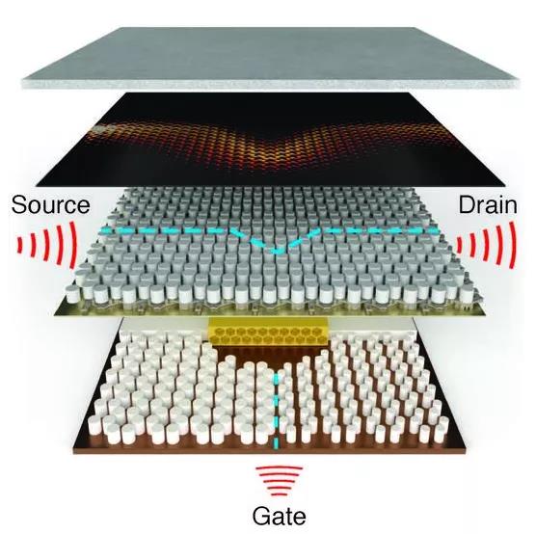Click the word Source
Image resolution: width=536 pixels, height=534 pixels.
coord(50,204)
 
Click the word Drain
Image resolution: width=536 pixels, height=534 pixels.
coord(488,205)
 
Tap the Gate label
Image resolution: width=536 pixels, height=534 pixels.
coord(279,516)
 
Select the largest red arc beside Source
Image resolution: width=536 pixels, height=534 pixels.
coord(73,245)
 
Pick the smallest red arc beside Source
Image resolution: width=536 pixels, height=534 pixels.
coord(20,246)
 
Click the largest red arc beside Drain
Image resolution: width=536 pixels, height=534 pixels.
coord(512,245)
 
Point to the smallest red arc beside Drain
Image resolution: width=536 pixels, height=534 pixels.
coord(460,245)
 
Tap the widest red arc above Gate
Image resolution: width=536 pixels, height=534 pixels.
coord(279,468)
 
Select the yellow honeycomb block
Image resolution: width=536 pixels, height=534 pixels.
coord(269,334)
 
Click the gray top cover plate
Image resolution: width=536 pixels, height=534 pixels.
coord(270,57)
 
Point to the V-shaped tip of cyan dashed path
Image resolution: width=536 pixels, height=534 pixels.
coord(277,253)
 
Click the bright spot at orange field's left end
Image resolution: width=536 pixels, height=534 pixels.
coord(100,129)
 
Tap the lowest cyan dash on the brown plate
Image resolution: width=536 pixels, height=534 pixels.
coord(275,443)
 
